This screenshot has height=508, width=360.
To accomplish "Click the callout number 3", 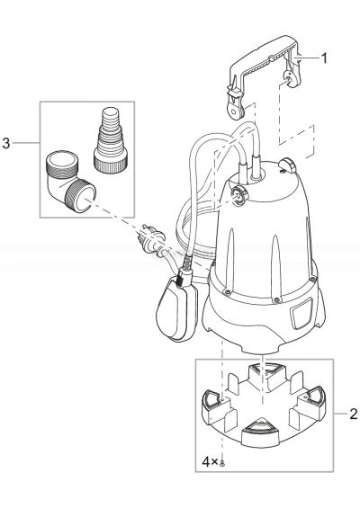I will [7, 144].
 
